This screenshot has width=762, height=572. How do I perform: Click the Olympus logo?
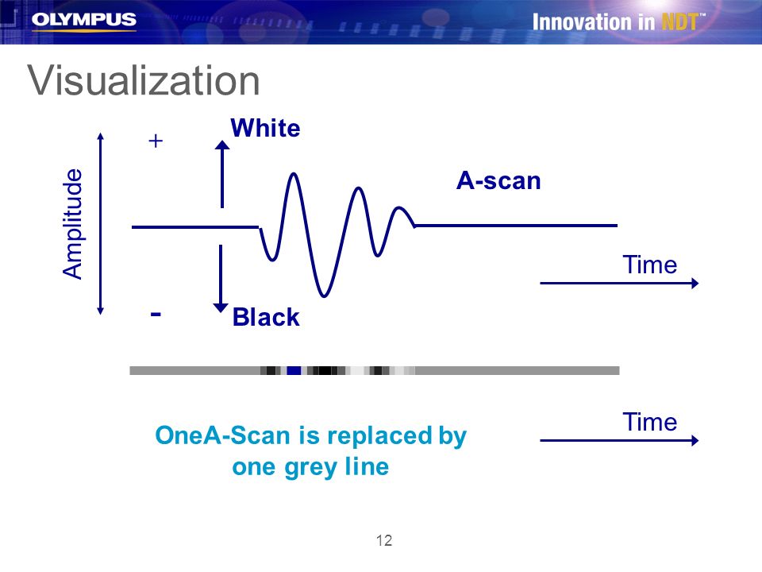(x=83, y=21)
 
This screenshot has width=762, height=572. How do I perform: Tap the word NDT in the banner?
(x=680, y=22)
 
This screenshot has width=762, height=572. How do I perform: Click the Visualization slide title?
(x=144, y=81)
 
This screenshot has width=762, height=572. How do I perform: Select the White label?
(x=265, y=129)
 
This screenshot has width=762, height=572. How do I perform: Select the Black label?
(x=266, y=317)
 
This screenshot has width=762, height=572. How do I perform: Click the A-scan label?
(x=498, y=181)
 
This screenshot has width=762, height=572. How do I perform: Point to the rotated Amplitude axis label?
(x=73, y=224)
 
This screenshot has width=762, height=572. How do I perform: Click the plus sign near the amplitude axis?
(x=156, y=141)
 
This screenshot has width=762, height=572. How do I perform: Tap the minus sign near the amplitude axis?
(x=156, y=315)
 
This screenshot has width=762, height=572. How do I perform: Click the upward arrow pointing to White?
(x=222, y=174)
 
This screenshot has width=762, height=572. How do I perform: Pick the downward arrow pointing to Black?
(x=221, y=279)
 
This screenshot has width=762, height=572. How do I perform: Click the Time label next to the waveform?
(x=650, y=265)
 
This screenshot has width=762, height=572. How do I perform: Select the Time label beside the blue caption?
(x=650, y=422)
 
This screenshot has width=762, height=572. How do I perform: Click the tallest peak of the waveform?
(x=293, y=174)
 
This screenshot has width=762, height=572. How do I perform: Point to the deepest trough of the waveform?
(x=324, y=295)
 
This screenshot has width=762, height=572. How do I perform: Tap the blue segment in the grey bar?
(x=294, y=371)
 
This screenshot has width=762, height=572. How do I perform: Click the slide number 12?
(x=384, y=540)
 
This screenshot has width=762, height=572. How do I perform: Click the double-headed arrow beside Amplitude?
(x=101, y=224)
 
